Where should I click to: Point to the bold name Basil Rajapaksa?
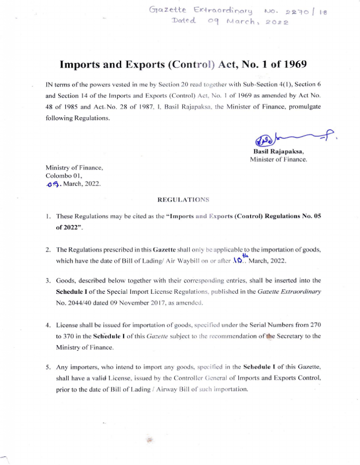(x=278, y=152)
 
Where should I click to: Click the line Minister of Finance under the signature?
(x=278, y=159)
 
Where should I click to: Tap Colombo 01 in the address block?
(x=64, y=176)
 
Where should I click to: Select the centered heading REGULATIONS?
(x=183, y=200)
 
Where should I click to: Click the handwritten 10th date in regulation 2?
(x=237, y=260)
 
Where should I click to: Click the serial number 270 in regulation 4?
(x=315, y=325)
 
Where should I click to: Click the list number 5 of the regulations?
(x=48, y=366)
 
